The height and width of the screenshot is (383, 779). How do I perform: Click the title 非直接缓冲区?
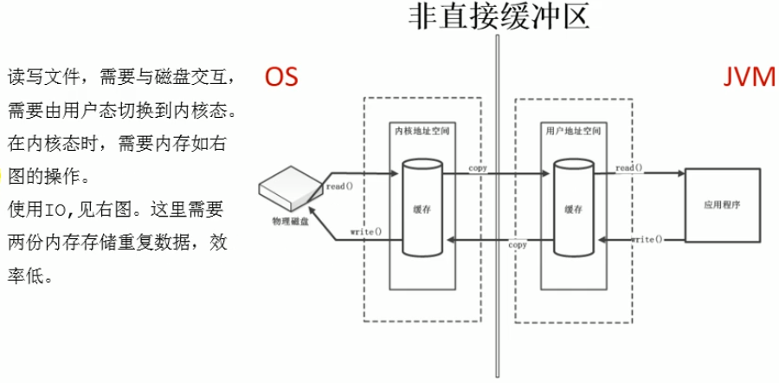point(499,18)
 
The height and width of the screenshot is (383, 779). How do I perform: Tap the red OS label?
point(281,78)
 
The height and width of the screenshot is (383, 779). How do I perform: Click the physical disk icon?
point(289,188)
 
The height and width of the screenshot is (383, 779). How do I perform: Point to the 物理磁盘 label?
point(290,221)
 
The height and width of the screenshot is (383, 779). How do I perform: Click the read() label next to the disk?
point(338,187)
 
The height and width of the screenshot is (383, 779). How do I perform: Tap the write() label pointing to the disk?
point(365,231)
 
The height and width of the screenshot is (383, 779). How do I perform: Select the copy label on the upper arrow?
point(478,169)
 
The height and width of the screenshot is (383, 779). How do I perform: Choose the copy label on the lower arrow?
point(518,245)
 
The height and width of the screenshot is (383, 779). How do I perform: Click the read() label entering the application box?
point(629,168)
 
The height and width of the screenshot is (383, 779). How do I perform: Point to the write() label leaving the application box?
point(647,240)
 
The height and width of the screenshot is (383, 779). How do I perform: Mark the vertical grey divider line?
point(497,204)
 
